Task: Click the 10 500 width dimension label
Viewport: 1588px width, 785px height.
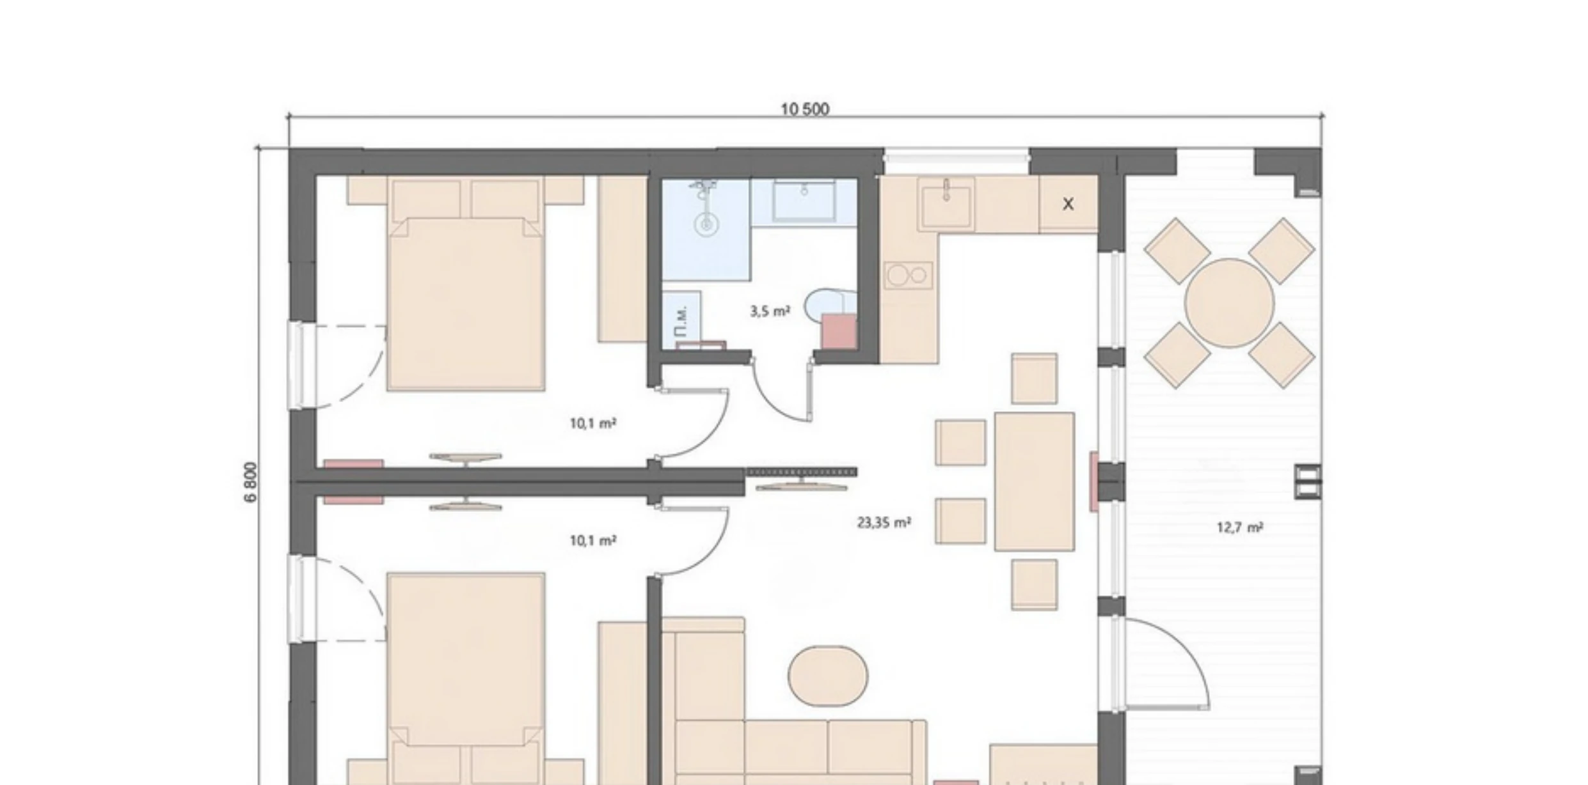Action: click(x=805, y=109)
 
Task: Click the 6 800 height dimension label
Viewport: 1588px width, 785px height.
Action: click(x=251, y=482)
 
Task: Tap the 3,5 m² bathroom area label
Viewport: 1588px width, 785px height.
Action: click(x=769, y=311)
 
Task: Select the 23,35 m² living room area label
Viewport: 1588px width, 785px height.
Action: click(x=884, y=522)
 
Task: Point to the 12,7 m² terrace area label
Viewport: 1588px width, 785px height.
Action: click(x=1239, y=527)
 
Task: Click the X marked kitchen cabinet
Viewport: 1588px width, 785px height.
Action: click(x=1068, y=204)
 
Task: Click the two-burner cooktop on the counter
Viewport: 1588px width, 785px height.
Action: click(x=908, y=276)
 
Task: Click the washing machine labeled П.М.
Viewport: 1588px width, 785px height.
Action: click(x=681, y=320)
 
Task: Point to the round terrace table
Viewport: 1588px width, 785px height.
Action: click(x=1229, y=303)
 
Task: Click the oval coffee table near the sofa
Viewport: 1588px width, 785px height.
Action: click(x=828, y=676)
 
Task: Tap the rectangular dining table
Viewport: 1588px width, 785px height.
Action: click(x=1034, y=481)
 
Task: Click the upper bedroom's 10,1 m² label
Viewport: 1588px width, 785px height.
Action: click(x=592, y=423)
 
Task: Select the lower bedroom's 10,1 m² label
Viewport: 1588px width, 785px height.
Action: click(x=592, y=541)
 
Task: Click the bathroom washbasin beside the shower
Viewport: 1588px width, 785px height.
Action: click(x=804, y=200)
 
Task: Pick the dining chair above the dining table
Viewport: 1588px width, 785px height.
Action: click(x=1034, y=378)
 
